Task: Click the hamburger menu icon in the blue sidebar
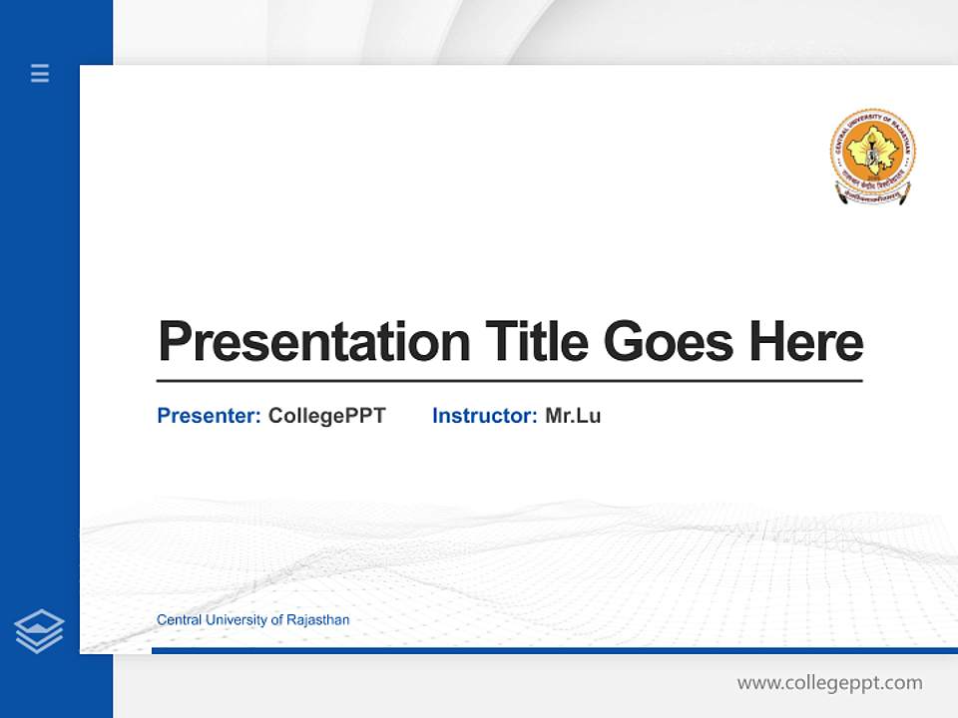click(40, 73)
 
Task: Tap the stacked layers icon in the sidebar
click(39, 631)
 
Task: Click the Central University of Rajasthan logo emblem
click(872, 156)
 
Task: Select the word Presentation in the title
click(313, 342)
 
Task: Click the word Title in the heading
click(536, 342)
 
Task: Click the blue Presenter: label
click(209, 416)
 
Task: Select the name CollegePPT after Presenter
click(326, 416)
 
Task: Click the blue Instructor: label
click(484, 416)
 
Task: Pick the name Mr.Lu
click(573, 416)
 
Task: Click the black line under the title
click(509, 381)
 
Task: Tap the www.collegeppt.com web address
click(829, 683)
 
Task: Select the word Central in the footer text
click(179, 620)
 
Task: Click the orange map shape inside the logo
click(872, 150)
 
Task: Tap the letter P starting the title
click(174, 342)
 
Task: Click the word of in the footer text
click(276, 620)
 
